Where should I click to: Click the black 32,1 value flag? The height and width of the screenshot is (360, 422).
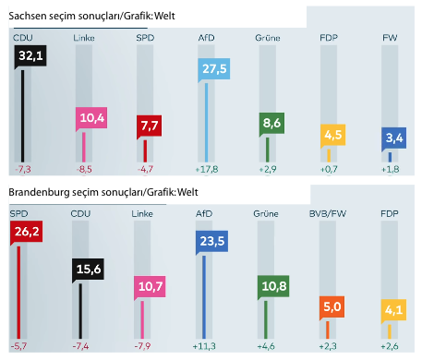[x=30, y=56]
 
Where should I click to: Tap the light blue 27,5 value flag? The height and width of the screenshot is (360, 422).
[x=214, y=69]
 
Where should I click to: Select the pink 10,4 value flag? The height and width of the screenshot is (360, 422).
[x=91, y=118]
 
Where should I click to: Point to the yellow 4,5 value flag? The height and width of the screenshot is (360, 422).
[x=332, y=135]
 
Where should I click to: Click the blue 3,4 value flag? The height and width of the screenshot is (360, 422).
[x=394, y=138]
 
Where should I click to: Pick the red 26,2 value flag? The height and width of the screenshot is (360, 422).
[x=27, y=232]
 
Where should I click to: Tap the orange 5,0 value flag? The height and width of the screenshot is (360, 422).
[x=332, y=306]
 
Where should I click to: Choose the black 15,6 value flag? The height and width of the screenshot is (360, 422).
[x=88, y=270]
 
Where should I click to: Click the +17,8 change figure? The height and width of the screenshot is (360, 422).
[x=207, y=169]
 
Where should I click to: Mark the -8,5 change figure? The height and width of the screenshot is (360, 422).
[x=84, y=169]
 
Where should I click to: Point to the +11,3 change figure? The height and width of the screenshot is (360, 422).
[x=204, y=346]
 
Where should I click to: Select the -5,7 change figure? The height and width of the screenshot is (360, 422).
[x=18, y=346]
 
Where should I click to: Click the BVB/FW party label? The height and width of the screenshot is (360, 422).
[x=328, y=214]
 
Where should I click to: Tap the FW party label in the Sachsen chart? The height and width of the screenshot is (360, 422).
[x=390, y=38]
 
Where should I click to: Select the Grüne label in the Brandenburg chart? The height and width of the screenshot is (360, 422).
[x=266, y=214]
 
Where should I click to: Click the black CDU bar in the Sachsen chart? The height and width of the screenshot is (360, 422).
[x=22, y=116]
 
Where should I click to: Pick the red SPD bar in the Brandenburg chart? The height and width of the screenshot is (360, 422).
[x=18, y=293]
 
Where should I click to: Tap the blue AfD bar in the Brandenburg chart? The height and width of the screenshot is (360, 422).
[x=204, y=297]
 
